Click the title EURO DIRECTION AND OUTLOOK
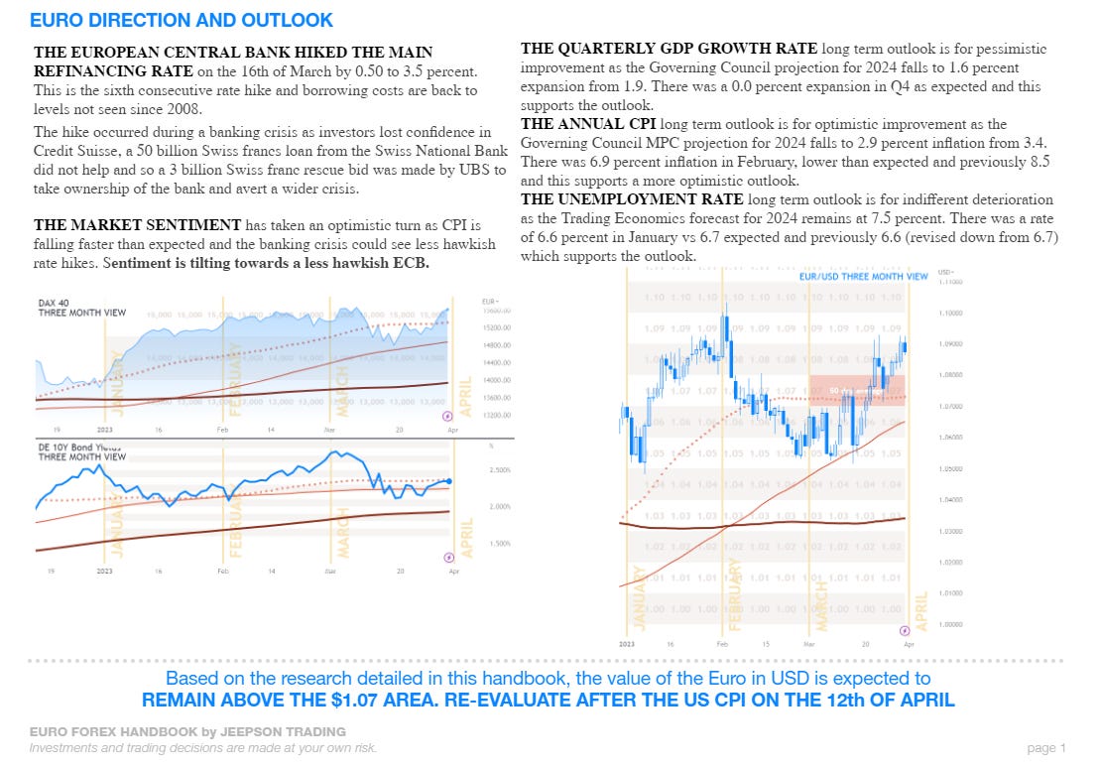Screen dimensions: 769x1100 coord(182,20)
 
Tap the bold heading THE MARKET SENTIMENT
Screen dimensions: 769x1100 coord(137,225)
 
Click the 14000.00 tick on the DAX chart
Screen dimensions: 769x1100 coord(496,380)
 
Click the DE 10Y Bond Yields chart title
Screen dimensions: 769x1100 coord(81,451)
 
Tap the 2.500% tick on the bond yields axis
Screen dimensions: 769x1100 coord(500,469)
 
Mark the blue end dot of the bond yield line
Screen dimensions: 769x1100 coord(449,481)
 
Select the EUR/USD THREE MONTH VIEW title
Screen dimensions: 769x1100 coord(863,276)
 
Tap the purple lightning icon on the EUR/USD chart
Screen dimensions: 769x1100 coord(904,630)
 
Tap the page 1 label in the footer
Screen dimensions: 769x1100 coord(1046,747)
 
